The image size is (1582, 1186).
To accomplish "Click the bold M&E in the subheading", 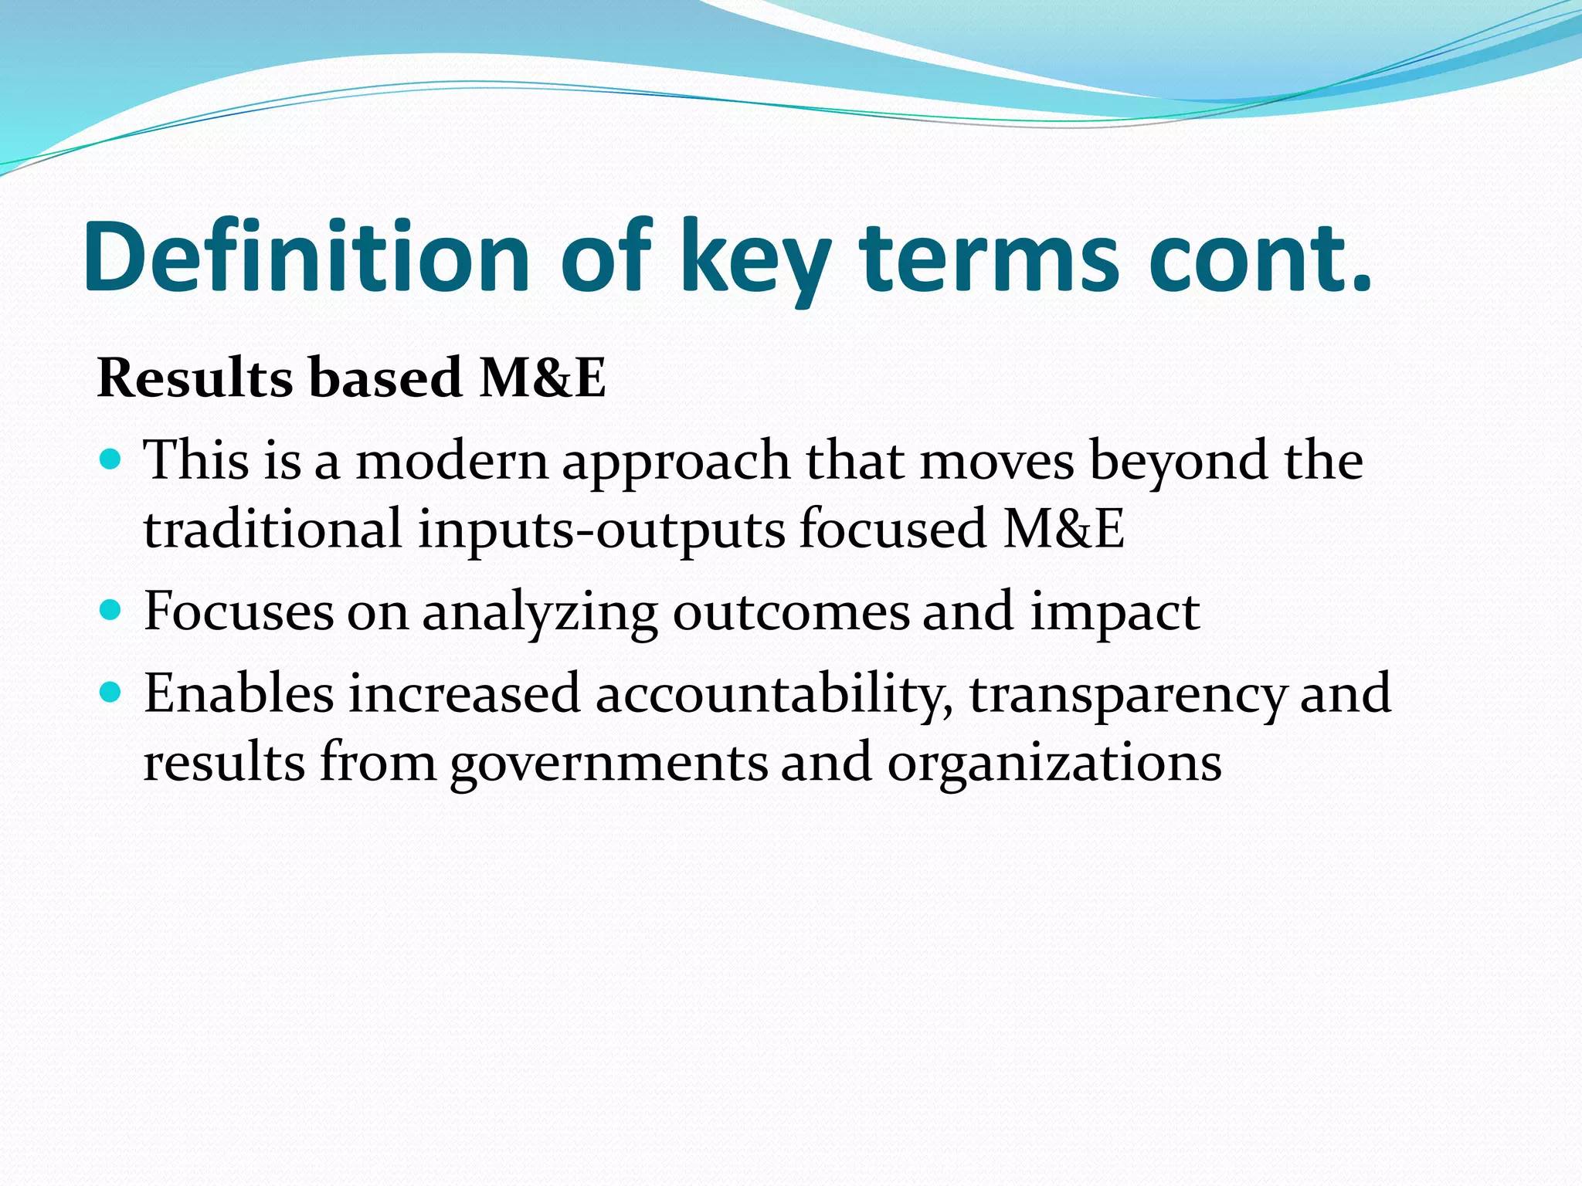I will click(x=542, y=378).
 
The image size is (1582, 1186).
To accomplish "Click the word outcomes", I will click(x=791, y=612).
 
